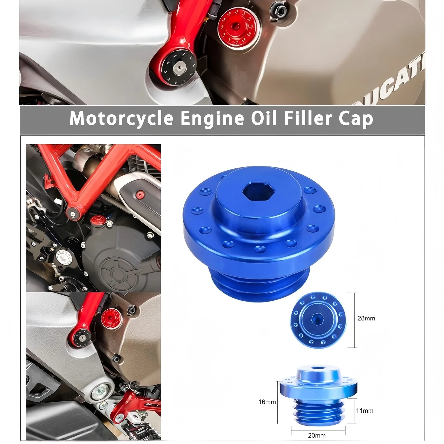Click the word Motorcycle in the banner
point(121,119)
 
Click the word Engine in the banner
point(212,119)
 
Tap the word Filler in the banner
point(308,119)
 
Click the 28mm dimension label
point(366,318)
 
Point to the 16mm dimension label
point(267,402)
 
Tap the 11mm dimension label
point(364,411)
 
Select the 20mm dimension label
point(317,435)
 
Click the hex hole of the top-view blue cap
point(317,320)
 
